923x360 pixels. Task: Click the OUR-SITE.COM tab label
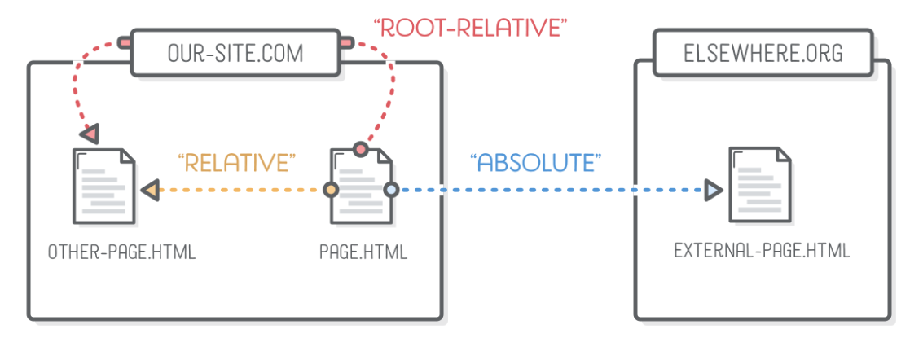coord(235,54)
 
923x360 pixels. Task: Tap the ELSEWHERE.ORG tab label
coord(763,54)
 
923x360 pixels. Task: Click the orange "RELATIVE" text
coord(235,162)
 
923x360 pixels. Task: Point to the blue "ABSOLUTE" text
coord(536,162)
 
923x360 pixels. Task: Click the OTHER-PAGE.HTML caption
coord(121,251)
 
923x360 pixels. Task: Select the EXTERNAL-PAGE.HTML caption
coord(762,251)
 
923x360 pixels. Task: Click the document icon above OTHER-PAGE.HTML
coord(103,187)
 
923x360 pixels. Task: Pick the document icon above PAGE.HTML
coord(361,187)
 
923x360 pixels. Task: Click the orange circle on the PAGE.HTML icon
coord(331,191)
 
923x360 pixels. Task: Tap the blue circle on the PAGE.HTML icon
coord(391,191)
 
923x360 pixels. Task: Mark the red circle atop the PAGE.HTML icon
coord(360,149)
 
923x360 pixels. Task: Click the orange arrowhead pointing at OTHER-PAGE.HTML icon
coord(148,191)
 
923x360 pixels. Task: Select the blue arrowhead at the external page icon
coord(713,191)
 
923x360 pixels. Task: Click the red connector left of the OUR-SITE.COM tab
coord(124,41)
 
